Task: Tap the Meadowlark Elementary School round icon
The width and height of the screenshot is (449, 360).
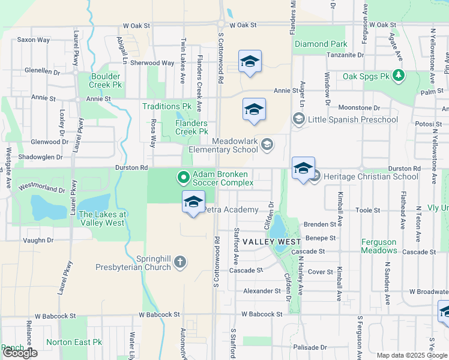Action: pos(267,143)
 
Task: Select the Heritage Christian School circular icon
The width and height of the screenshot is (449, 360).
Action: pos(315,177)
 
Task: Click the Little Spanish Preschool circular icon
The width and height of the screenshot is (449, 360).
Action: pos(298,119)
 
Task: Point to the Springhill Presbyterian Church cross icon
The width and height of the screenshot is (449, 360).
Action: pos(179,262)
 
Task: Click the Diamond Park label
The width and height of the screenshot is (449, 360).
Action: pos(321,44)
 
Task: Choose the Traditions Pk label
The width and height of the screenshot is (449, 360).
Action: pos(166,107)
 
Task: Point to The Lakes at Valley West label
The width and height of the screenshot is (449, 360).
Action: pos(101,218)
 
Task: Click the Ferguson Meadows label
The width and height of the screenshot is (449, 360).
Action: pos(379,246)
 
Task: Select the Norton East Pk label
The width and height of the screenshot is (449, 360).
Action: pos(74,342)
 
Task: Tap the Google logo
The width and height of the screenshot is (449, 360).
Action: pos(19,353)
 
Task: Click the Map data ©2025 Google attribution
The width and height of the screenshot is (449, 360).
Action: pos(411,355)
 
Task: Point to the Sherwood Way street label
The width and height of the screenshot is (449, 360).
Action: pos(136,63)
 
